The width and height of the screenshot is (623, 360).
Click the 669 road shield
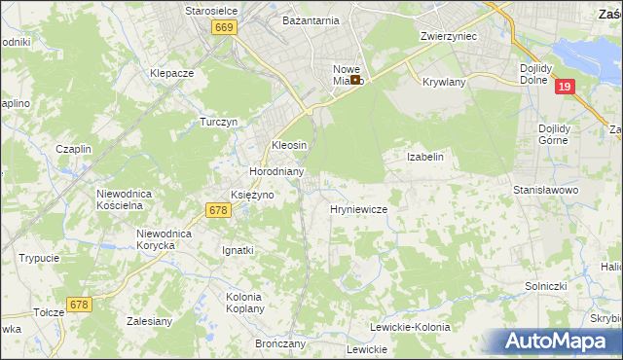[225, 28]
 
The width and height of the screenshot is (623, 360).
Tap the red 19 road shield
[565, 87]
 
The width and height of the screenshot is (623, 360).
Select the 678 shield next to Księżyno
[218, 210]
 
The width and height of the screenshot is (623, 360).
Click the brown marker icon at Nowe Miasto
[356, 80]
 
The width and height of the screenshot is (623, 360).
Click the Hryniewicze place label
[359, 209]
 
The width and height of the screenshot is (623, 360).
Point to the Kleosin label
[288, 145]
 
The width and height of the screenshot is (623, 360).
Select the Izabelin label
[425, 157]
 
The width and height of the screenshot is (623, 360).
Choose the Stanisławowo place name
[546, 191]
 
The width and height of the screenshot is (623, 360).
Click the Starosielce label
[212, 10]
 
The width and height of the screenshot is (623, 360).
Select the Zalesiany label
[150, 319]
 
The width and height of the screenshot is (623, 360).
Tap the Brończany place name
[280, 343]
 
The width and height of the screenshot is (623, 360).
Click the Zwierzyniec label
[447, 35]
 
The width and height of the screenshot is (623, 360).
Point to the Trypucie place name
[39, 258]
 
